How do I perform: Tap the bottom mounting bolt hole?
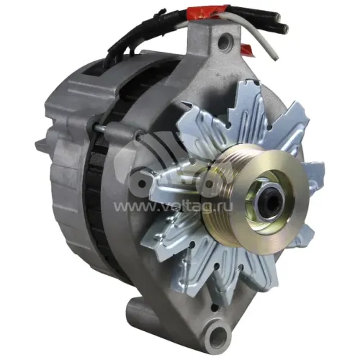tap(217, 336)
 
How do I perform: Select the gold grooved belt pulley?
tap(252, 197)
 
